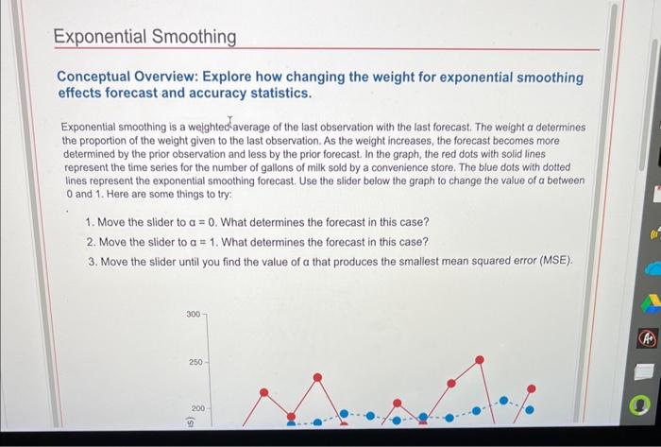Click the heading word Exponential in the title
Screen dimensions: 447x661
click(94, 37)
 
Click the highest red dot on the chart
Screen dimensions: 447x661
click(481, 359)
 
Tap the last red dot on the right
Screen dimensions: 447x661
click(531, 388)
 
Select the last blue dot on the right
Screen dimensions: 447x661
click(530, 410)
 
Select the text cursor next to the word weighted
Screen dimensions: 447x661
click(230, 122)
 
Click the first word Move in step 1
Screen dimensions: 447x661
click(114, 222)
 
